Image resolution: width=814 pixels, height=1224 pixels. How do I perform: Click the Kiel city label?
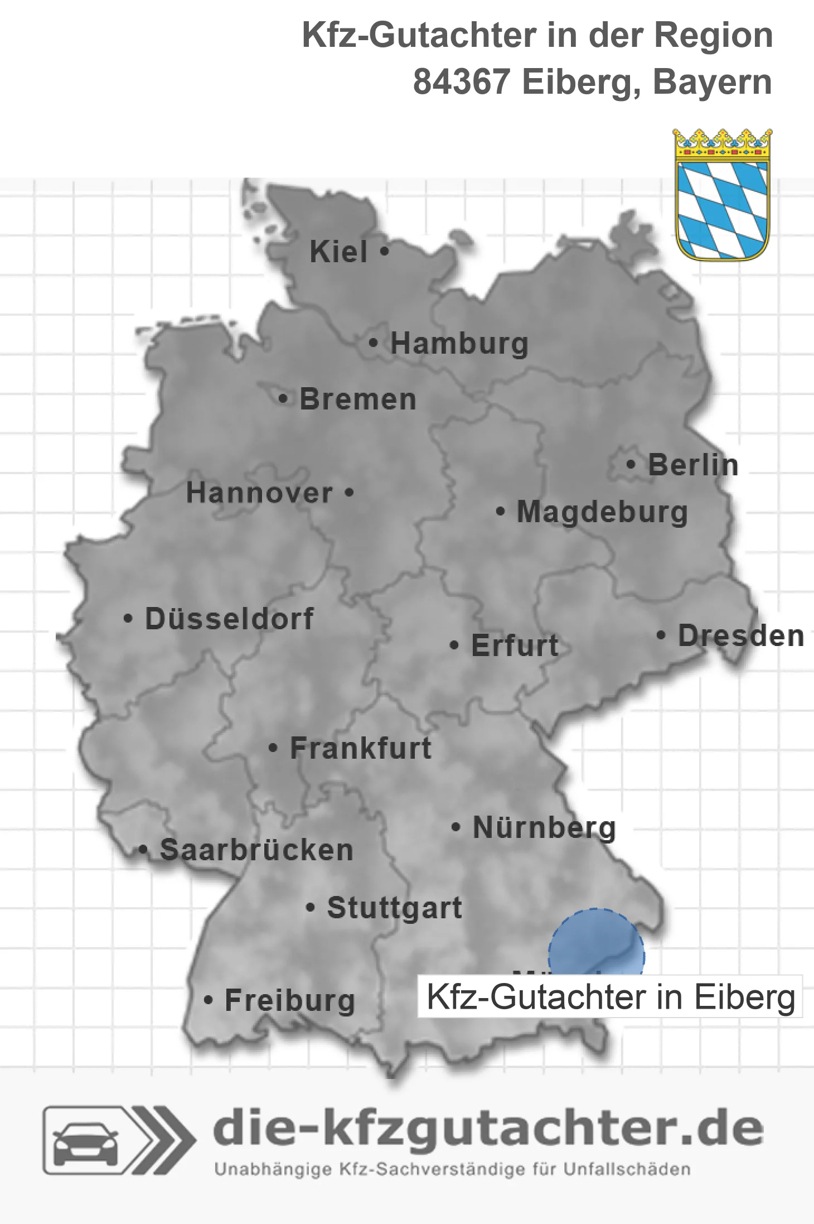338,252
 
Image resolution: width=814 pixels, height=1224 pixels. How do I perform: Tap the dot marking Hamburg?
374,343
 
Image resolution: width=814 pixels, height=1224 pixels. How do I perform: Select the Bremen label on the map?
358,399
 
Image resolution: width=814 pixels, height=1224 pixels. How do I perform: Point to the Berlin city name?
693,465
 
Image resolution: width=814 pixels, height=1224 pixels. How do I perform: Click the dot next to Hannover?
350,493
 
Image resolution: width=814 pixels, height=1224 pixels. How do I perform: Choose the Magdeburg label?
602,512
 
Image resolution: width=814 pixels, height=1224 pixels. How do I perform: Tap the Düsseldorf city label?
229,619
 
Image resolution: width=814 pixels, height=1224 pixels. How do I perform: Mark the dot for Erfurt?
454,645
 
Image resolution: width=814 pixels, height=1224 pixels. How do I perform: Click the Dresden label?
741,636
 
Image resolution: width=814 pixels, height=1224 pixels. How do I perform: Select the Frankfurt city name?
361,748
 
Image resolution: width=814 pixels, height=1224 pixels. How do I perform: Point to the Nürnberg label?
544,827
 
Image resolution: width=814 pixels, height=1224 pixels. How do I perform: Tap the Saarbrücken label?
256,850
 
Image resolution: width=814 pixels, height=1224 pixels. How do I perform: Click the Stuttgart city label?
394,908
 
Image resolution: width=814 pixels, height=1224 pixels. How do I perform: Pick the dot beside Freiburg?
209,1000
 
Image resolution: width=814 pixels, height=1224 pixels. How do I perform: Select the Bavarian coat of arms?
723,195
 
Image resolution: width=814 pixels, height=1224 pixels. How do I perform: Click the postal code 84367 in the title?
461,82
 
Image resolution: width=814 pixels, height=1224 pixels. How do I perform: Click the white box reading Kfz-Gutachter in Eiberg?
610,997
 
